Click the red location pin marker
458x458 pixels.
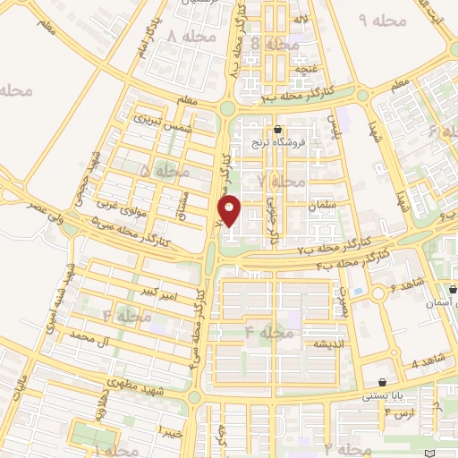pos(230,210)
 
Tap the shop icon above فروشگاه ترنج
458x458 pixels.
pos(278,129)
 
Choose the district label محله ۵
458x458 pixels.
pos(158,170)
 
